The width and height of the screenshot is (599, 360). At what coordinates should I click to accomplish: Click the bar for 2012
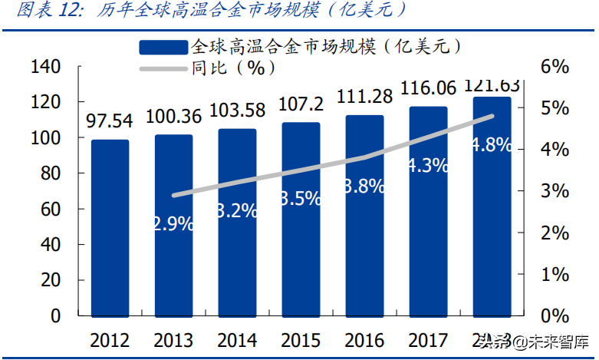tap(110, 227)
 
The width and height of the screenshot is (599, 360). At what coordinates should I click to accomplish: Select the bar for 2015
tap(301, 219)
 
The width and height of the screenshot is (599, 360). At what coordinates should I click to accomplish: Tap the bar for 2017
tap(428, 211)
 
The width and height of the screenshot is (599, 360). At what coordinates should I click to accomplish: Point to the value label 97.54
tap(110, 121)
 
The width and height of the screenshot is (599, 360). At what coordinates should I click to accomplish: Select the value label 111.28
tap(364, 97)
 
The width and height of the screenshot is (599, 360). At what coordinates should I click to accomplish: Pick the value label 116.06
tap(428, 88)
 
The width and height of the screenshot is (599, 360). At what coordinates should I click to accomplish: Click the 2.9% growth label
tap(173, 225)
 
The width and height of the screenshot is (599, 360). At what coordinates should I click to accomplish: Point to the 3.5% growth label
tap(301, 198)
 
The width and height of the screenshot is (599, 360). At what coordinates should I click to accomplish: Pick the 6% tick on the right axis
tap(555, 67)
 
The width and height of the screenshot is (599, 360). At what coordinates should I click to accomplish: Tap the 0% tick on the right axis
tap(555, 315)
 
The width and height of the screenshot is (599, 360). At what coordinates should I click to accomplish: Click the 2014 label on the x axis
tap(237, 340)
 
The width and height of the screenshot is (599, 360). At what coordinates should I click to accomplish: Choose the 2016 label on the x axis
tap(364, 340)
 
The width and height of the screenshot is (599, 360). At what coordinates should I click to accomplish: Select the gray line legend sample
tap(163, 69)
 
